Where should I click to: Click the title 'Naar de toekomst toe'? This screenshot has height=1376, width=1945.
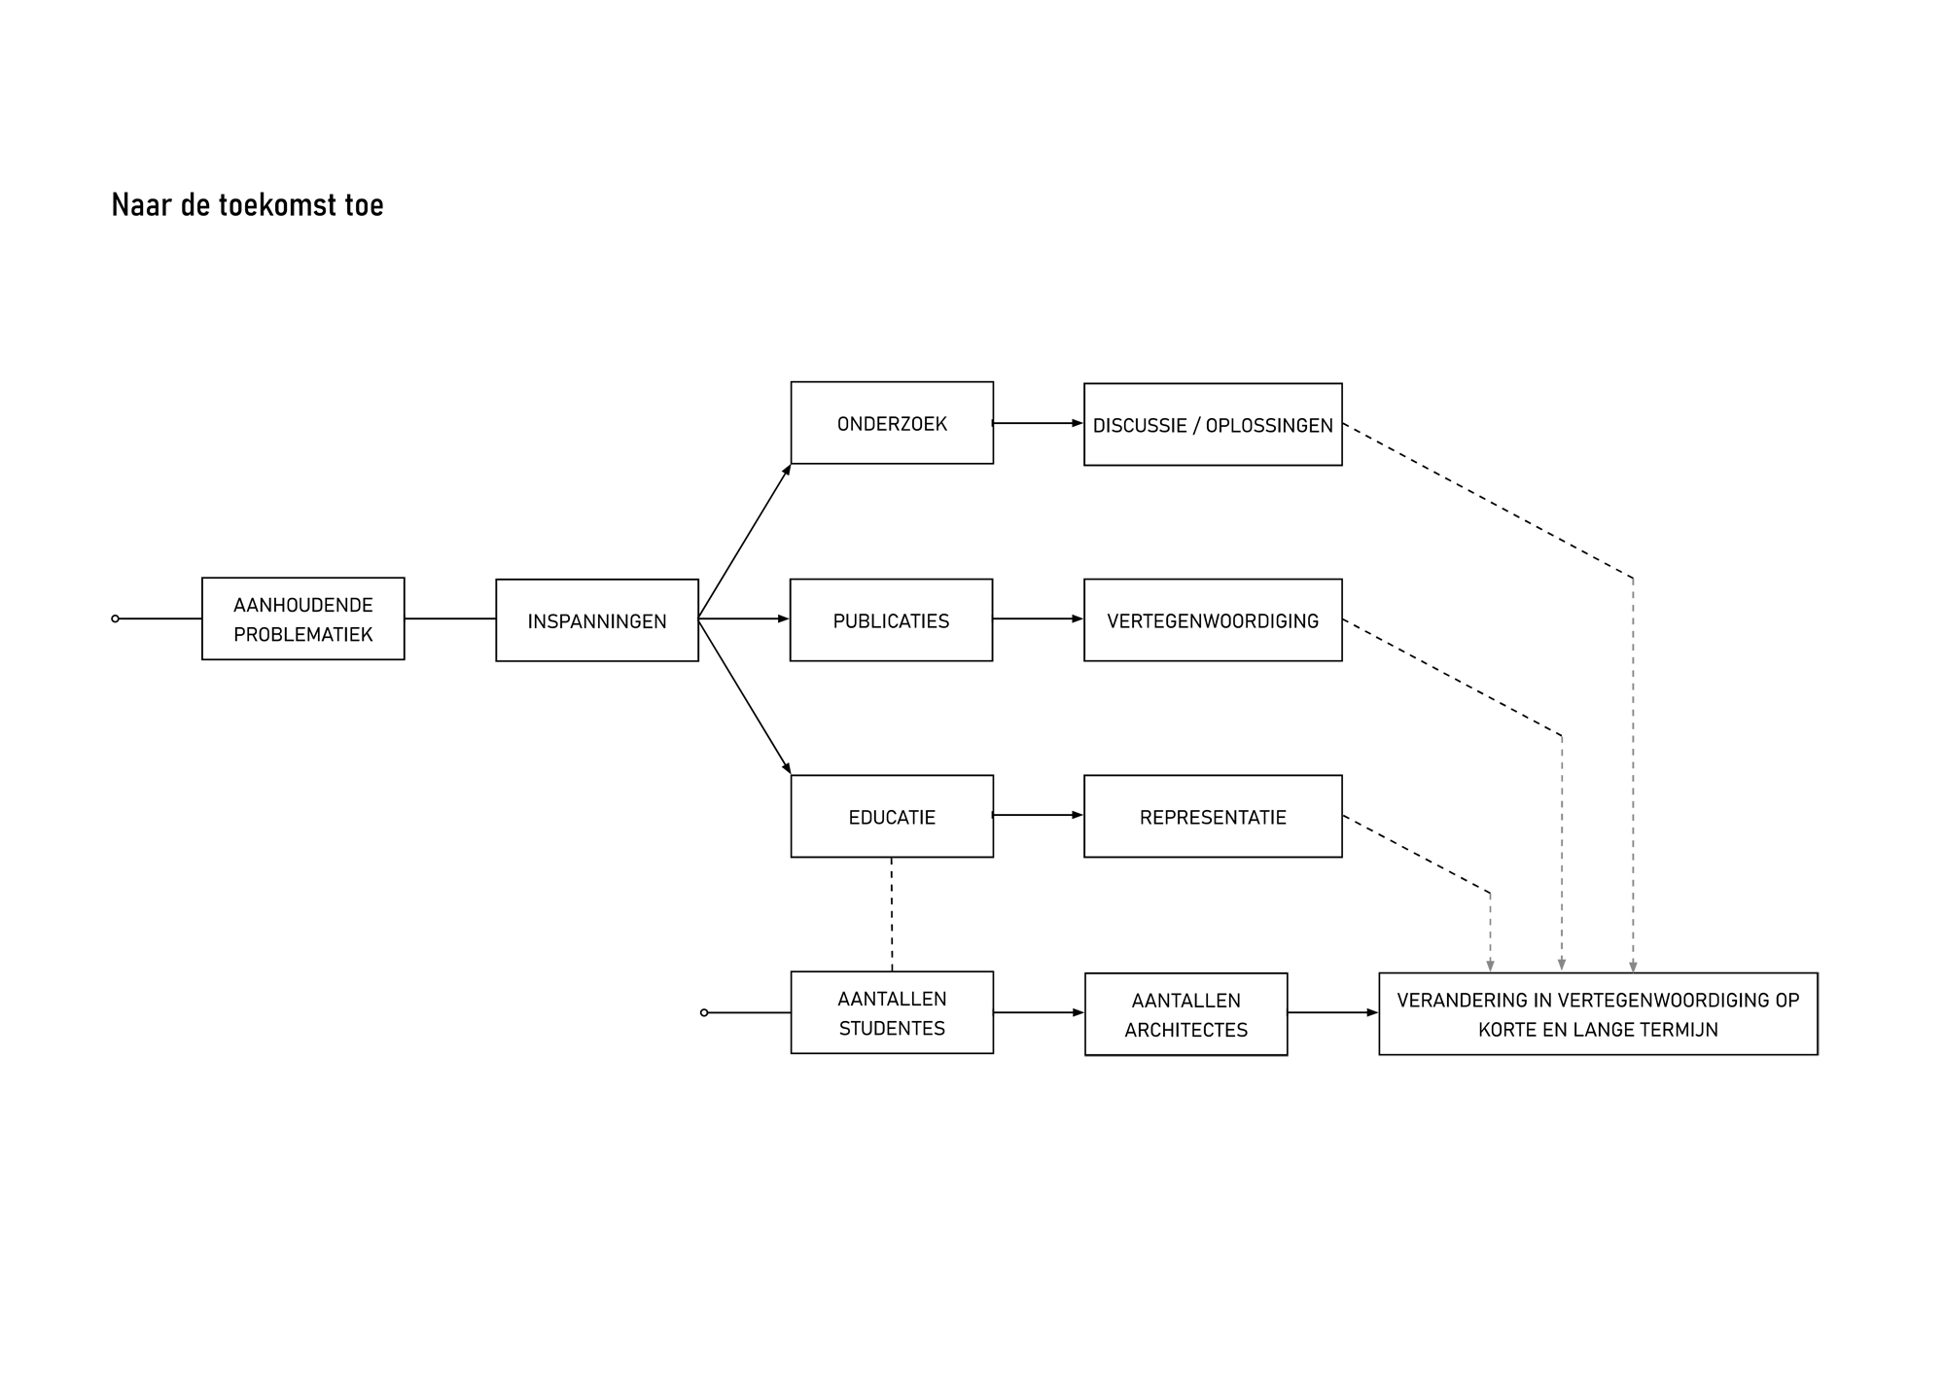(247, 205)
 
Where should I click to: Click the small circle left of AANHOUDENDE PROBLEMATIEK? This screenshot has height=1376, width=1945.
(116, 618)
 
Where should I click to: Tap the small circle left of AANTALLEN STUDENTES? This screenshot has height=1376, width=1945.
(704, 1012)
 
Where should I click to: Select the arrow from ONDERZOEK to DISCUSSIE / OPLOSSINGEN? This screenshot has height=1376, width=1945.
(1039, 423)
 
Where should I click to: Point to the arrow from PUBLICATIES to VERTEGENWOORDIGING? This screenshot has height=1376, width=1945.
(1039, 618)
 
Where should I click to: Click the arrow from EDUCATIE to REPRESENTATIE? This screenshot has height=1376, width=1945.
(1039, 815)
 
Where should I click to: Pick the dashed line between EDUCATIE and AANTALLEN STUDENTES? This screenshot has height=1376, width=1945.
(892, 914)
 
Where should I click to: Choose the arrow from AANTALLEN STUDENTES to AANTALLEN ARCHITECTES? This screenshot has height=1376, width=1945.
(1039, 1012)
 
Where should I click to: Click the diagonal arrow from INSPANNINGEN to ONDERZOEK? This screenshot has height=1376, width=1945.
(745, 541)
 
